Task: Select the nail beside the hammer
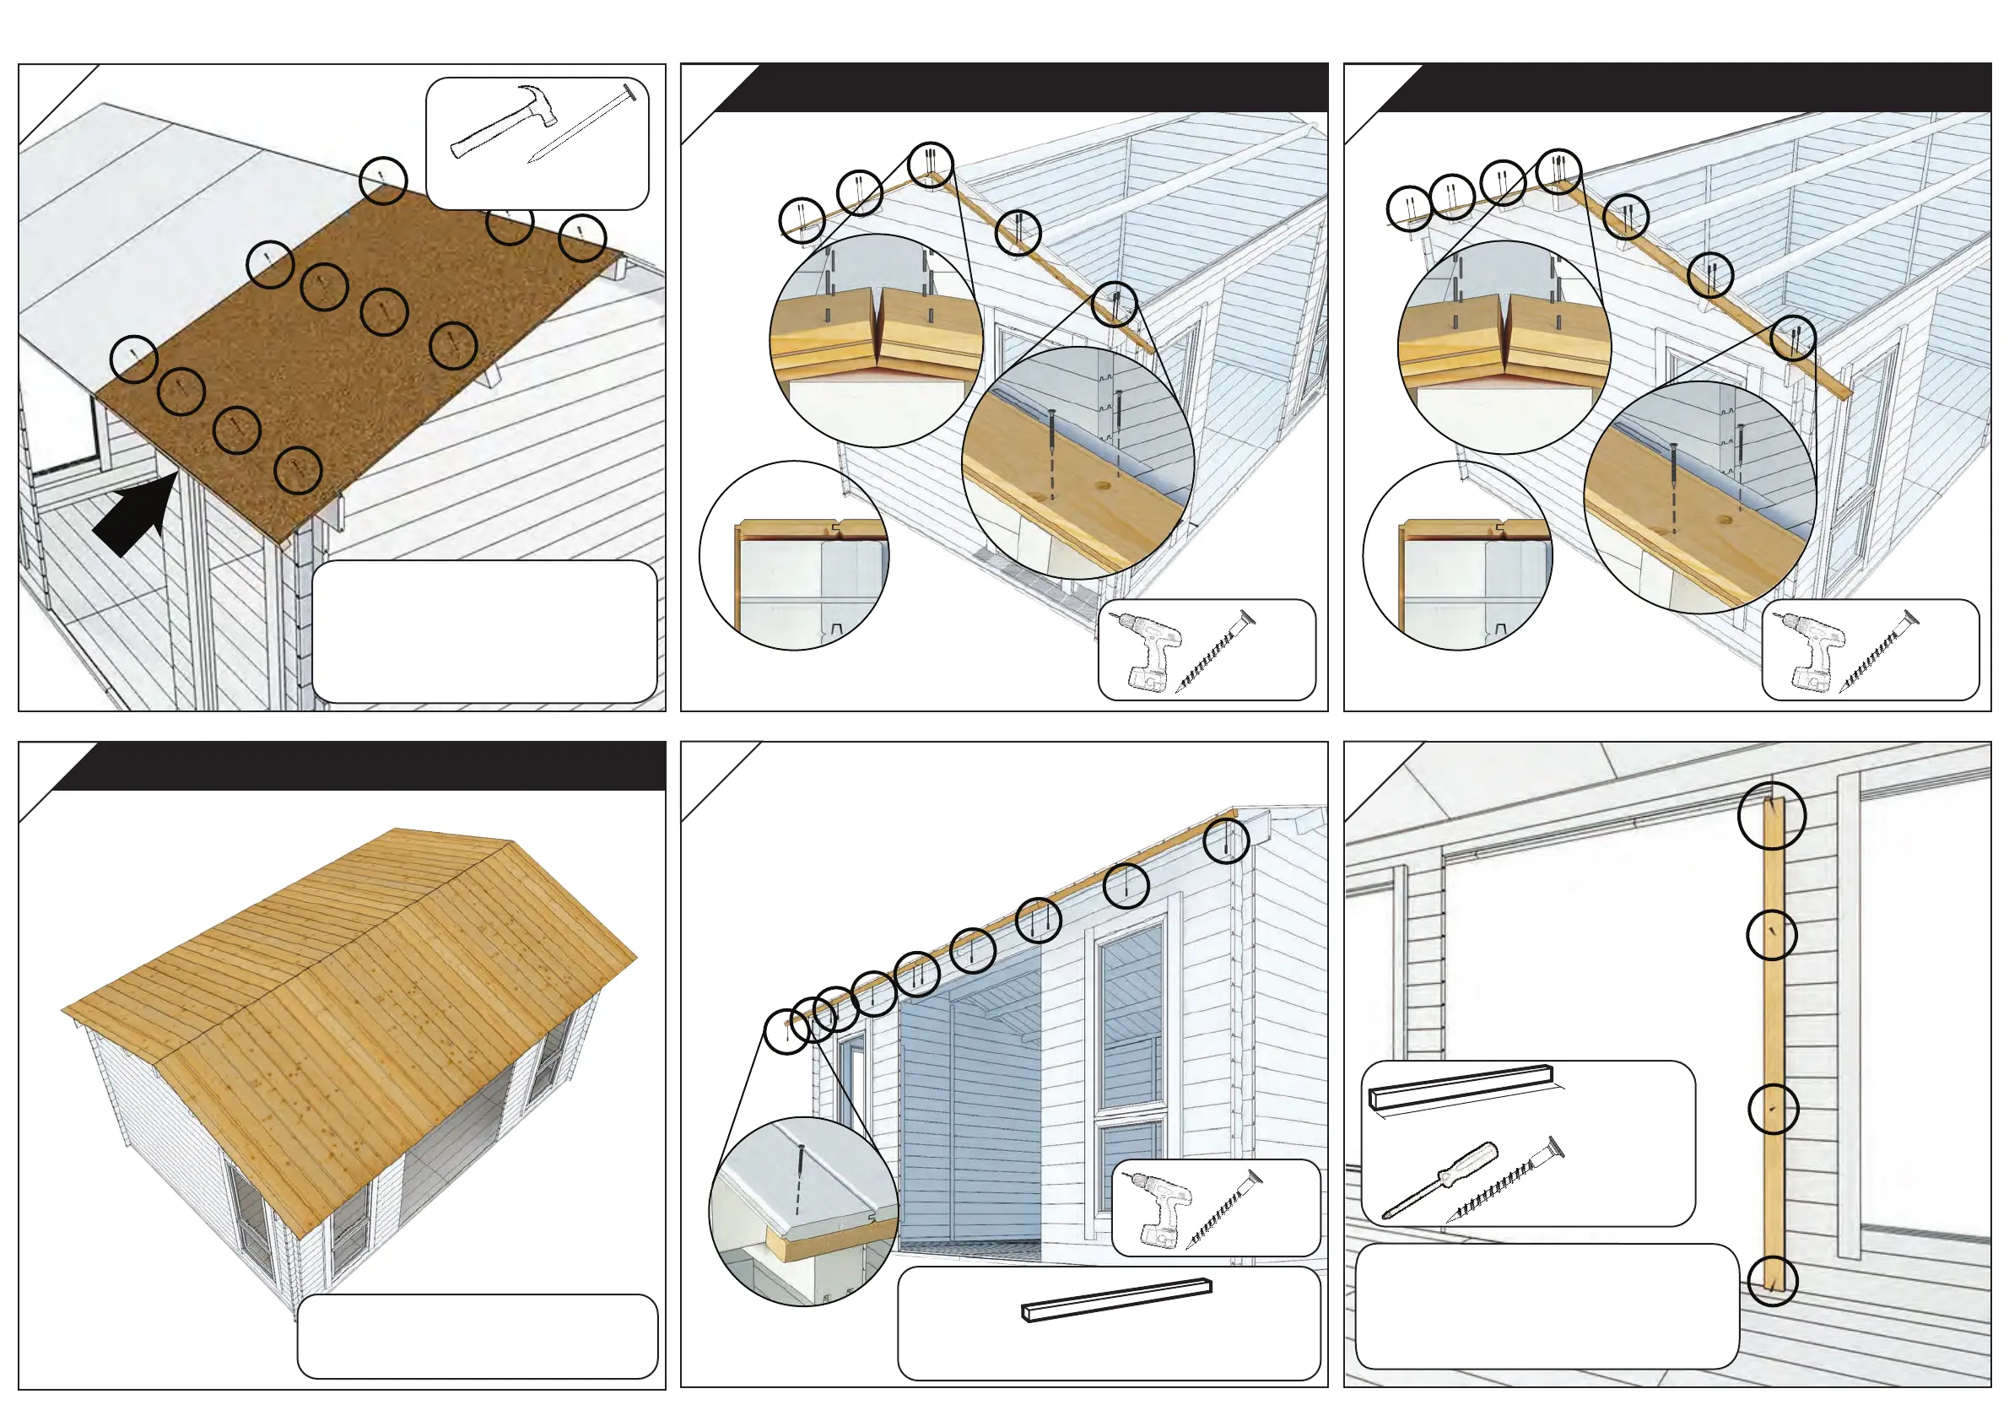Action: [x=582, y=125]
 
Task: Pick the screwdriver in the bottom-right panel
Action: [x=1439, y=1179]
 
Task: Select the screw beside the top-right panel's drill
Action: [x=1880, y=652]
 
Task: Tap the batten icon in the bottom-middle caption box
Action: [x=1116, y=1300]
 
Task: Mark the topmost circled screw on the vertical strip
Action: [x=1771, y=815]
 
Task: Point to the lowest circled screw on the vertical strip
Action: [x=1772, y=1281]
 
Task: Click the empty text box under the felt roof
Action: [x=483, y=631]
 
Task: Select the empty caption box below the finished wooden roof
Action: [x=477, y=1336]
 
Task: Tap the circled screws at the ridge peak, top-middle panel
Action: [x=930, y=164]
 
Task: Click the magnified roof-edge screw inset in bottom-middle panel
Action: [x=803, y=1211]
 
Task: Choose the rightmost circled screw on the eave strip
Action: [x=1225, y=841]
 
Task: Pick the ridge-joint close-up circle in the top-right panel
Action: [x=1504, y=348]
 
